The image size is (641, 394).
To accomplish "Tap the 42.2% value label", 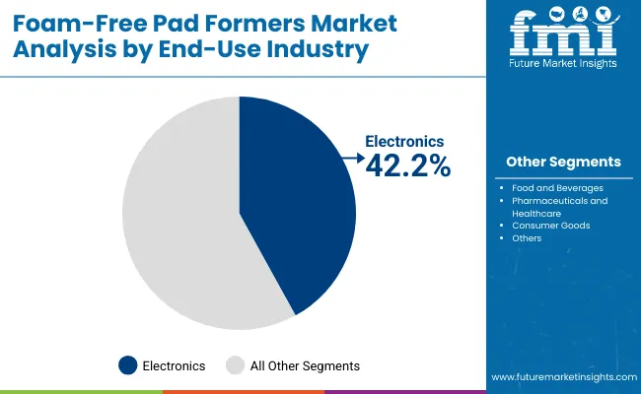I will (x=407, y=167).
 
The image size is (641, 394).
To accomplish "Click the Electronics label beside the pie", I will (x=405, y=142).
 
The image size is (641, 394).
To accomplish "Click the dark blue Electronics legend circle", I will (x=127, y=365).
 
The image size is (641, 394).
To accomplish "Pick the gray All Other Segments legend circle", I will (x=236, y=365).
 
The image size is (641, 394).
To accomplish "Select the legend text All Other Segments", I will (x=305, y=365).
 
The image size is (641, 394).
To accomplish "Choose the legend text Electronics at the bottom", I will (x=175, y=365).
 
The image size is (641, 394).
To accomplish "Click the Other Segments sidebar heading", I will (x=563, y=162).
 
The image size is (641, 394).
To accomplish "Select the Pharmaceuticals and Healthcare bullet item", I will (x=559, y=206).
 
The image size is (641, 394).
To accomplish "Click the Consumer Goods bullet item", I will (x=550, y=226).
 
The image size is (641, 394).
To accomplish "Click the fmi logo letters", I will (x=563, y=36).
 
